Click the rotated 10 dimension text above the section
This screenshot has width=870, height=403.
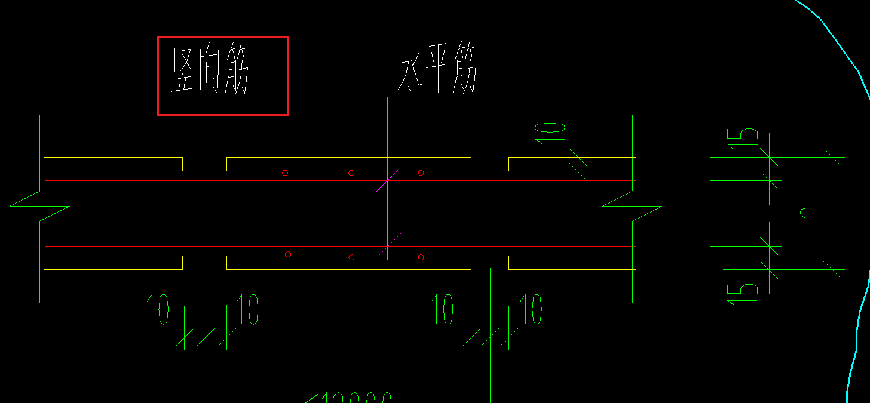[550, 131]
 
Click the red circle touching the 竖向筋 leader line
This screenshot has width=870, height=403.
[285, 173]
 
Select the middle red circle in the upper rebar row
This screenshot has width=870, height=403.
[351, 173]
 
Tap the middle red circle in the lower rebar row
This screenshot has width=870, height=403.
[351, 257]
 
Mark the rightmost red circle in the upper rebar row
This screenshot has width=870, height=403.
[421, 173]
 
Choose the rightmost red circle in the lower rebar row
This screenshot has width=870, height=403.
[421, 257]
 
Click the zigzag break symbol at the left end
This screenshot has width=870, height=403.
[40, 206]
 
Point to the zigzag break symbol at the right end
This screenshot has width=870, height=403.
[632, 206]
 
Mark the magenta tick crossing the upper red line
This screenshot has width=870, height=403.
[387, 180]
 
